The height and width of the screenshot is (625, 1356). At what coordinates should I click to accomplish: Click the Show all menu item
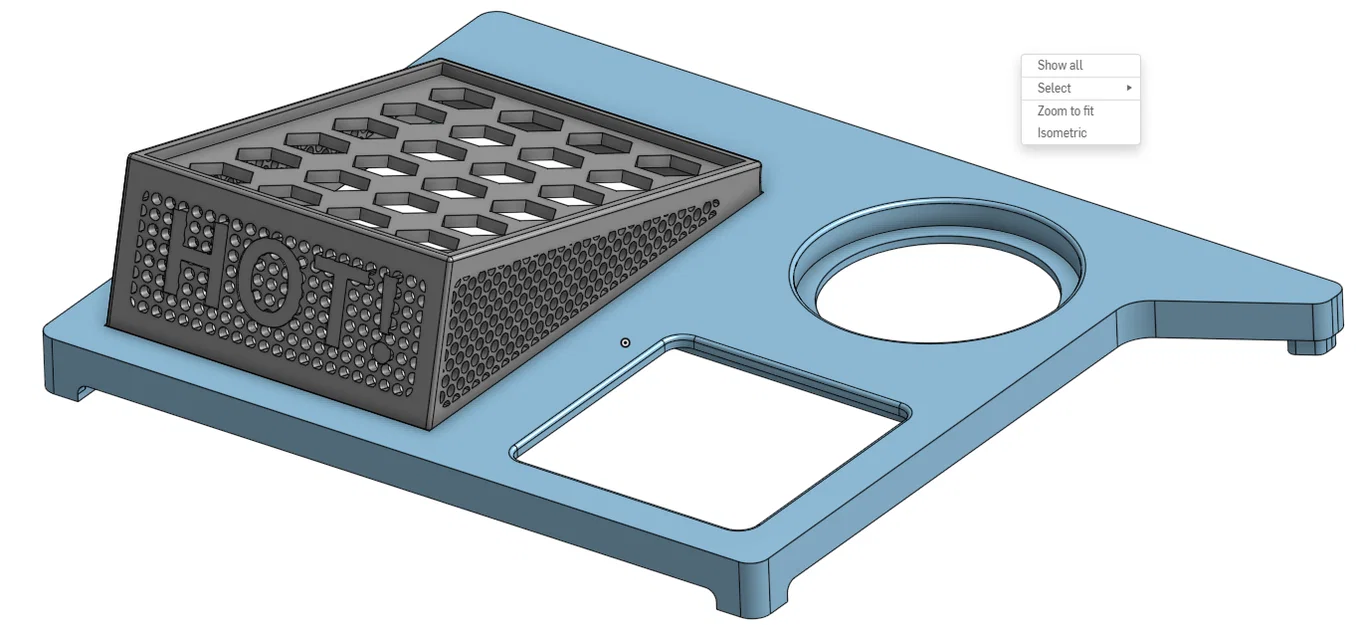[1059, 65]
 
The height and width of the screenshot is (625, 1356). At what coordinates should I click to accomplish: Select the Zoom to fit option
[1065, 111]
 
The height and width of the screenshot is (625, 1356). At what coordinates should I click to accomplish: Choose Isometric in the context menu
[1062, 133]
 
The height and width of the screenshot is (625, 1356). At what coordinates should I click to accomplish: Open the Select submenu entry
[1054, 88]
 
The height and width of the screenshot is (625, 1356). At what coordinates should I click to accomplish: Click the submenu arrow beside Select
[1129, 88]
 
